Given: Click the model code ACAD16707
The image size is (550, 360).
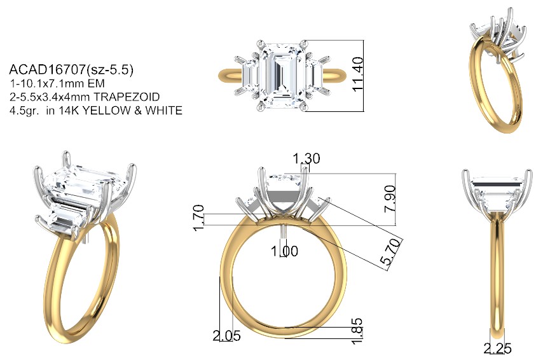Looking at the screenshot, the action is [47, 69].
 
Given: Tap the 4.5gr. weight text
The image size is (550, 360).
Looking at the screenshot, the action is [24, 111].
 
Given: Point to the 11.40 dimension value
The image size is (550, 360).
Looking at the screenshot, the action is [357, 74].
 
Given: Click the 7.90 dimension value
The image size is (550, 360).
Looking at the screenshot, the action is [390, 199].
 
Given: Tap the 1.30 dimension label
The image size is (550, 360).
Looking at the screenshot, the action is [306, 158].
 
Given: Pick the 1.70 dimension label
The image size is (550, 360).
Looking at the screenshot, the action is [198, 218].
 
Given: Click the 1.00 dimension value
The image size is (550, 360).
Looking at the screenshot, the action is [284, 251].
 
